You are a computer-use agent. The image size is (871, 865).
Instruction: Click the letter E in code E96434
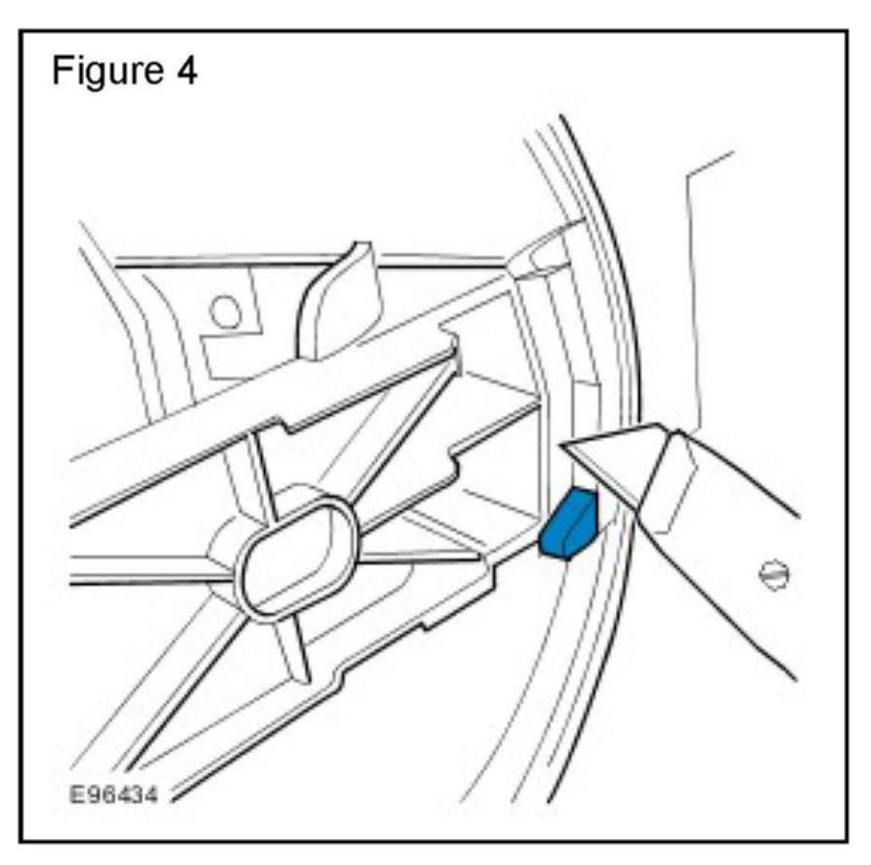click(x=74, y=795)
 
